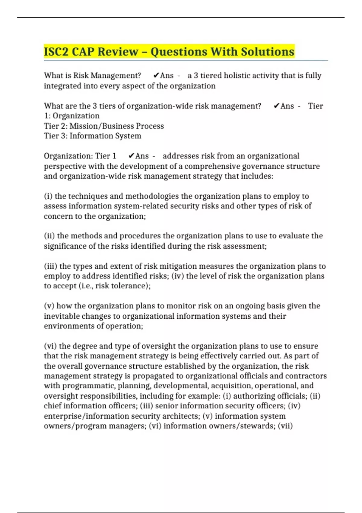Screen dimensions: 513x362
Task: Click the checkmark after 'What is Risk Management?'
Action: [x=156, y=75]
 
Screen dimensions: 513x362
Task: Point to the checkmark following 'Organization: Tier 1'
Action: [x=131, y=156]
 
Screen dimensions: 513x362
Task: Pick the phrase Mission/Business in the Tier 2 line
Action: [x=102, y=126]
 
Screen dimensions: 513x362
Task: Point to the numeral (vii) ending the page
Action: [x=285, y=426]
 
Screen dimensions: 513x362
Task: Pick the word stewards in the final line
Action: [x=258, y=426]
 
